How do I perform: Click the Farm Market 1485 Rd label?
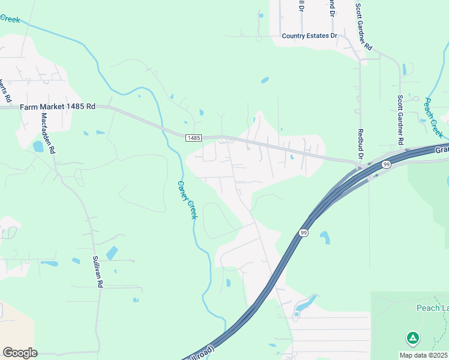58,107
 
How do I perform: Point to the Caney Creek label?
187,200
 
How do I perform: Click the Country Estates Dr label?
310,36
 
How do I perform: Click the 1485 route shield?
193,138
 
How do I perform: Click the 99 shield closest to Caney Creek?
304,233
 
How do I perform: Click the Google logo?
20,352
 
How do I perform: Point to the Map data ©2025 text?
423,355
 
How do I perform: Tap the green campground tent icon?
412,338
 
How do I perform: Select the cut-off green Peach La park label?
432,308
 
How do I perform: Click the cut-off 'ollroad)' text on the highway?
204,350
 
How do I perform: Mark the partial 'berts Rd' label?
7,89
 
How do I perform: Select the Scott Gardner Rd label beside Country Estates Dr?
364,27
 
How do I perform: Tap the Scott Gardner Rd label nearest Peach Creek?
400,119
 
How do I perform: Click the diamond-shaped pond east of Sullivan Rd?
112,253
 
